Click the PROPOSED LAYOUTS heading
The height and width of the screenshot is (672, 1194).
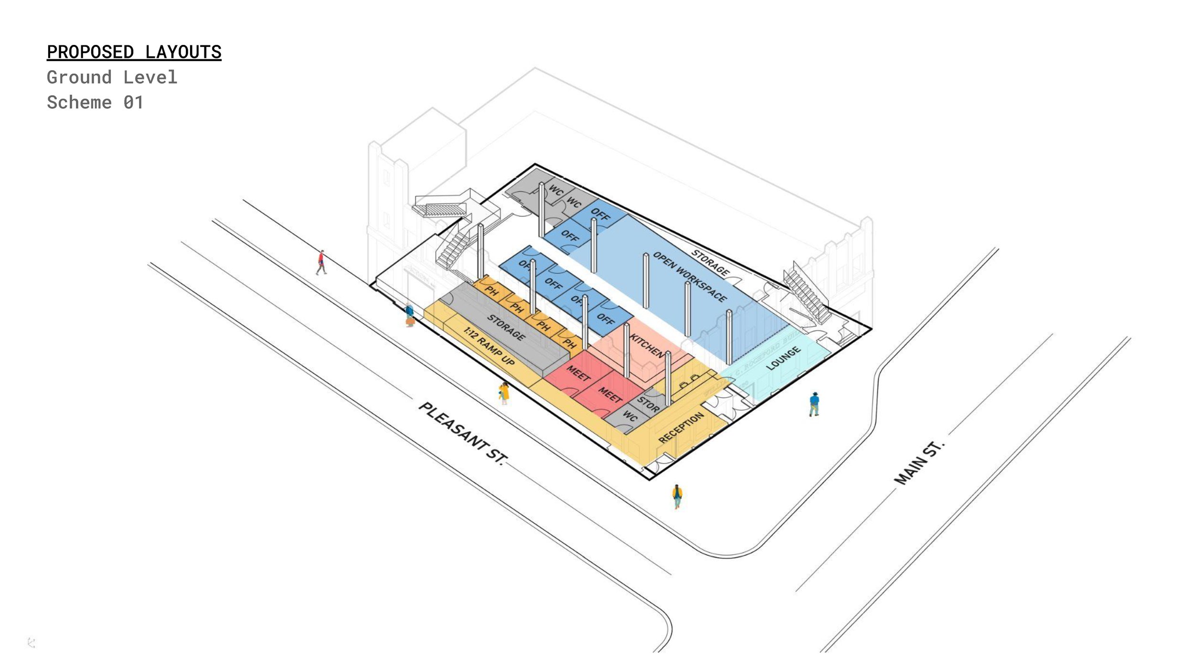134,52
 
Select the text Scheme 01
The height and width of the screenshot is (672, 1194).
95,103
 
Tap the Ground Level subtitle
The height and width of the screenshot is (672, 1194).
112,77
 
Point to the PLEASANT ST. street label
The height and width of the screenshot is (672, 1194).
461,433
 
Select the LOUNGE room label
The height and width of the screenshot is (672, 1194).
783,358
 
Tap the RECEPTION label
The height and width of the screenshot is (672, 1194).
681,427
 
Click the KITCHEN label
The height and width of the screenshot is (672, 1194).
647,346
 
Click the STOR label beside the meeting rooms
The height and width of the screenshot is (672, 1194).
648,404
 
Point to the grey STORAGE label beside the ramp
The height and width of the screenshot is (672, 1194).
506,327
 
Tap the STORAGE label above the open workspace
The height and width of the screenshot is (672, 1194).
711,263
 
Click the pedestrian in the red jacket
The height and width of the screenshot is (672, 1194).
321,262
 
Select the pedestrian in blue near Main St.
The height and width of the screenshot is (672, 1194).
814,404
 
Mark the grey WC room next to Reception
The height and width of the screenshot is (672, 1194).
629,416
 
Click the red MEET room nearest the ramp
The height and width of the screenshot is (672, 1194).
578,373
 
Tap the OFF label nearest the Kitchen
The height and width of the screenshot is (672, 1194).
606,319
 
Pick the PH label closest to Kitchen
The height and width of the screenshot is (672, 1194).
569,343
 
